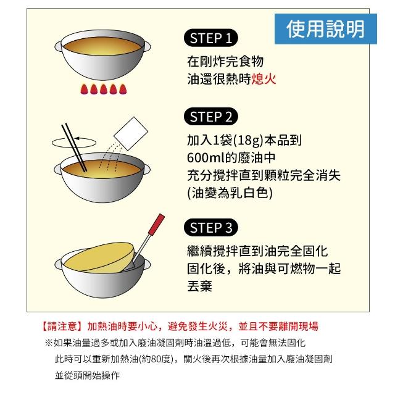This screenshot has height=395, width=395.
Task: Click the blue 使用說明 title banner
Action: (x=325, y=29)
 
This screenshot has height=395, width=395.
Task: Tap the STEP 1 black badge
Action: (x=211, y=38)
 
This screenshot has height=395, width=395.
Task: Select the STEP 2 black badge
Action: (x=211, y=117)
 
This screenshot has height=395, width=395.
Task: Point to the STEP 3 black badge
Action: (x=211, y=228)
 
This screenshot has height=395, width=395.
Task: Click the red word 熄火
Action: (x=264, y=79)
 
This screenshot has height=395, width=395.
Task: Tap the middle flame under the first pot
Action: (x=104, y=89)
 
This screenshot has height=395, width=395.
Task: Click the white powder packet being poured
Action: (x=131, y=133)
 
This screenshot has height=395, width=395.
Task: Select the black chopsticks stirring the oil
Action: (x=74, y=147)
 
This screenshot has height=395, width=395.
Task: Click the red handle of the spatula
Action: (x=156, y=224)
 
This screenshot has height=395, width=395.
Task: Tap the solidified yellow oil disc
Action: (x=99, y=258)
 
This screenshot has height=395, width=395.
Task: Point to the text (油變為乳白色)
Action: (x=230, y=193)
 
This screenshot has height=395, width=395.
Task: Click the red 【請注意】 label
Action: (x=62, y=326)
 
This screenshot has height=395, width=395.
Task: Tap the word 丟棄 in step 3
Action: (x=199, y=286)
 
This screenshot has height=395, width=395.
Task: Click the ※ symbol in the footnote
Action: (x=49, y=343)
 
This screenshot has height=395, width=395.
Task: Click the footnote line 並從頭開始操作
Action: (x=87, y=375)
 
